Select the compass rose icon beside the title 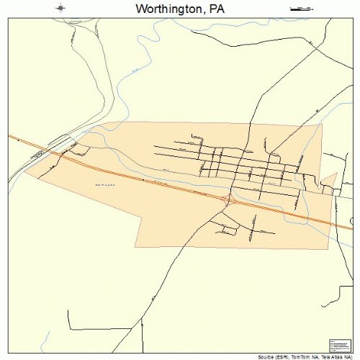(x=60, y=9)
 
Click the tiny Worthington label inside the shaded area (x=105, y=184)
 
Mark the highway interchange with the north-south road (x=229, y=196)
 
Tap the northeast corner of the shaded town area (x=322, y=123)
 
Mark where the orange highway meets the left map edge (x=9, y=135)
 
